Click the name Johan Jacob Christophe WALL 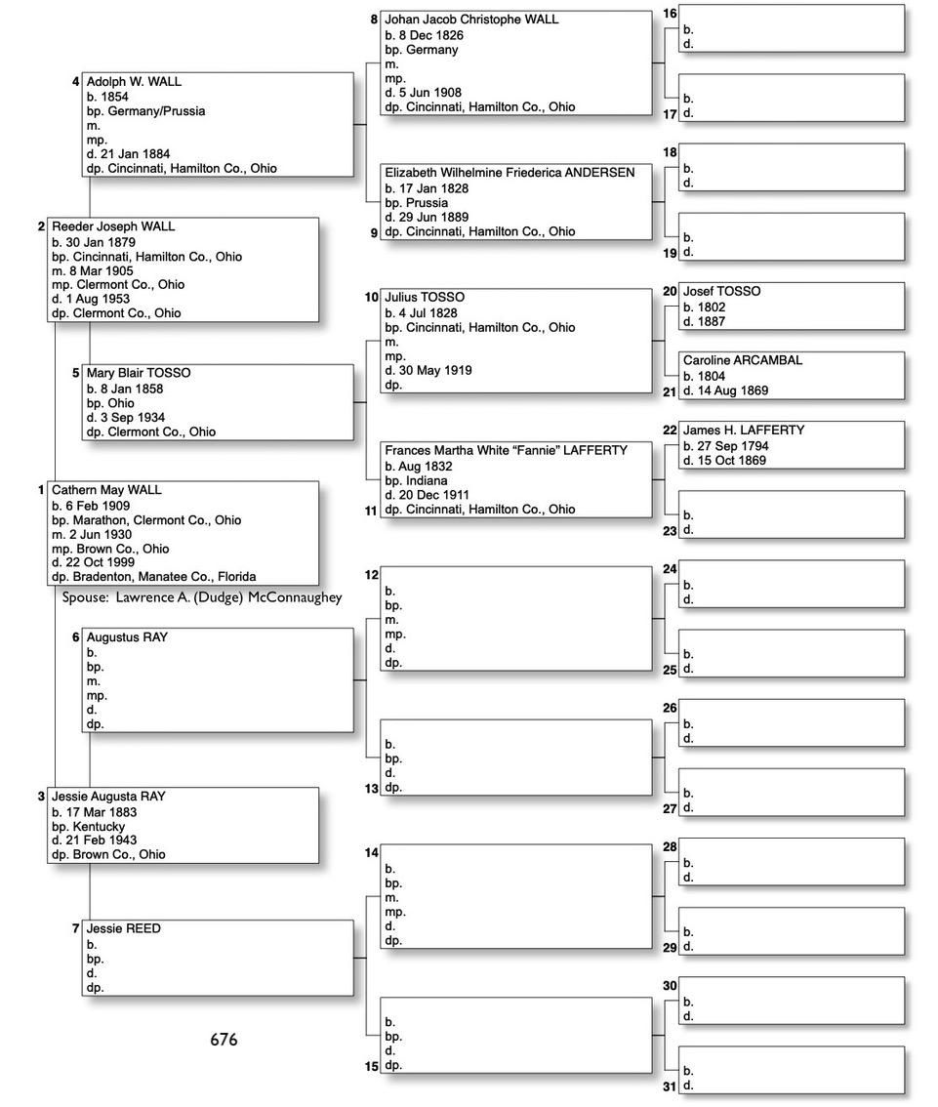pos(471,20)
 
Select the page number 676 pos(224,1040)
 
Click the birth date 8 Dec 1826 pos(430,35)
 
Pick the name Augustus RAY pos(127,637)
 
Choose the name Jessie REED pos(123,929)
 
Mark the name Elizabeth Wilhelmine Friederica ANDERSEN pos(510,173)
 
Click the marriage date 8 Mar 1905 pos(101,270)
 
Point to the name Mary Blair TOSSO pos(139,373)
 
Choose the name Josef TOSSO pos(721,292)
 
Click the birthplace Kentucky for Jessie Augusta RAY pos(99,826)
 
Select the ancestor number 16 pos(670,14)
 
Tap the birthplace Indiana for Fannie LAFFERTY pos(426,481)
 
